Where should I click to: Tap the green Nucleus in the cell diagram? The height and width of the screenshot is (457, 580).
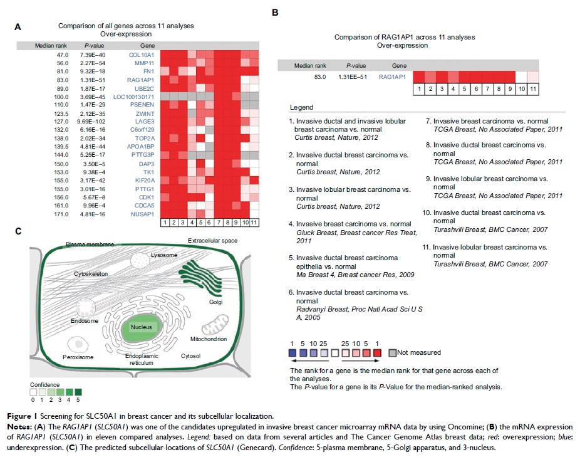[142, 327]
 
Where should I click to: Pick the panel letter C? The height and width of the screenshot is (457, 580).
[19, 231]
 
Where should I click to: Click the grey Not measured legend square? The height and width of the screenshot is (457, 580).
[392, 352]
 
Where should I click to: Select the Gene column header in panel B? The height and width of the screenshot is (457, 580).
[399, 65]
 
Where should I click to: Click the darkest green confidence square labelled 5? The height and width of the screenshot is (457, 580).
[78, 393]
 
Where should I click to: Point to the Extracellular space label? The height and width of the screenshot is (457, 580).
[212, 241]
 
